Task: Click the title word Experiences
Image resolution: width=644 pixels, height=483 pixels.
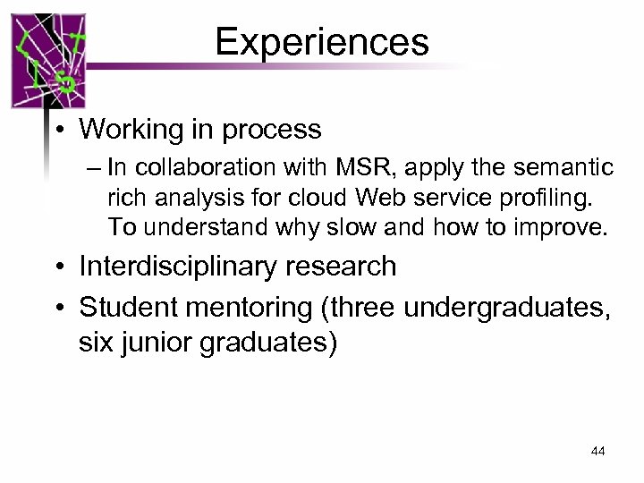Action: coord(322,41)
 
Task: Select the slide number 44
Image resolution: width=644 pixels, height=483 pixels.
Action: coord(598,452)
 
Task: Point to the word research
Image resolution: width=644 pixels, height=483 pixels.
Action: coord(344,266)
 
